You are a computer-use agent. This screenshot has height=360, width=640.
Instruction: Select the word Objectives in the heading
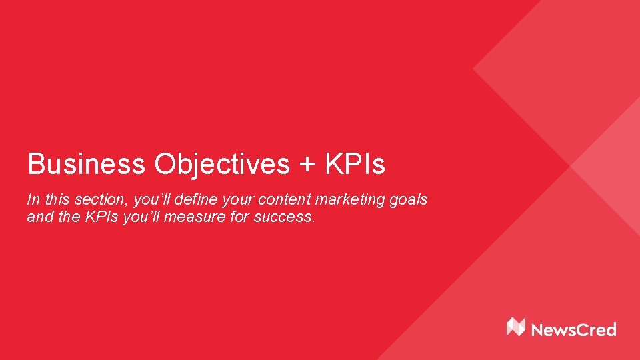pyautogui.click(x=222, y=164)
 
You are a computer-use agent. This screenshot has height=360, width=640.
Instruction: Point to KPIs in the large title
pyautogui.click(x=355, y=164)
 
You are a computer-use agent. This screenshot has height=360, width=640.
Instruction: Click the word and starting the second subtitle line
pyautogui.click(x=39, y=217)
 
